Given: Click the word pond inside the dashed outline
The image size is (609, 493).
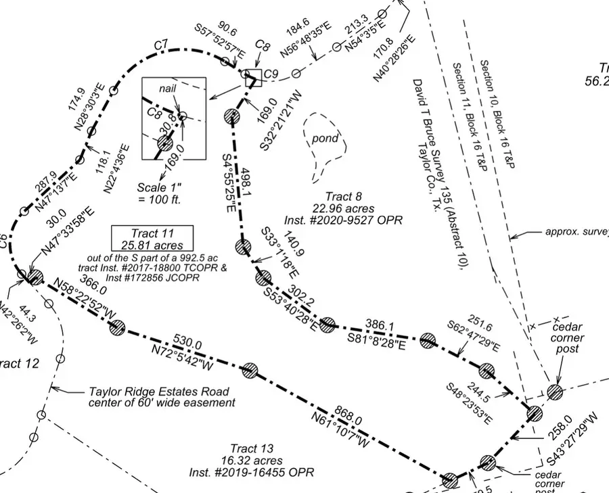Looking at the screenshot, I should coord(325,139).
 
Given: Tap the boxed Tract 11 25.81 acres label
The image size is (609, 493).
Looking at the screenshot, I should coord(152,238).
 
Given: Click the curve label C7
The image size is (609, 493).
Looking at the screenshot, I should coord(161,45).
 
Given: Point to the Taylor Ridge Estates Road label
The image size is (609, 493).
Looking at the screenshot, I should coord(158,397).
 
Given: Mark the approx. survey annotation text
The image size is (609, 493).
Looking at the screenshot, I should coord(576,232).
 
